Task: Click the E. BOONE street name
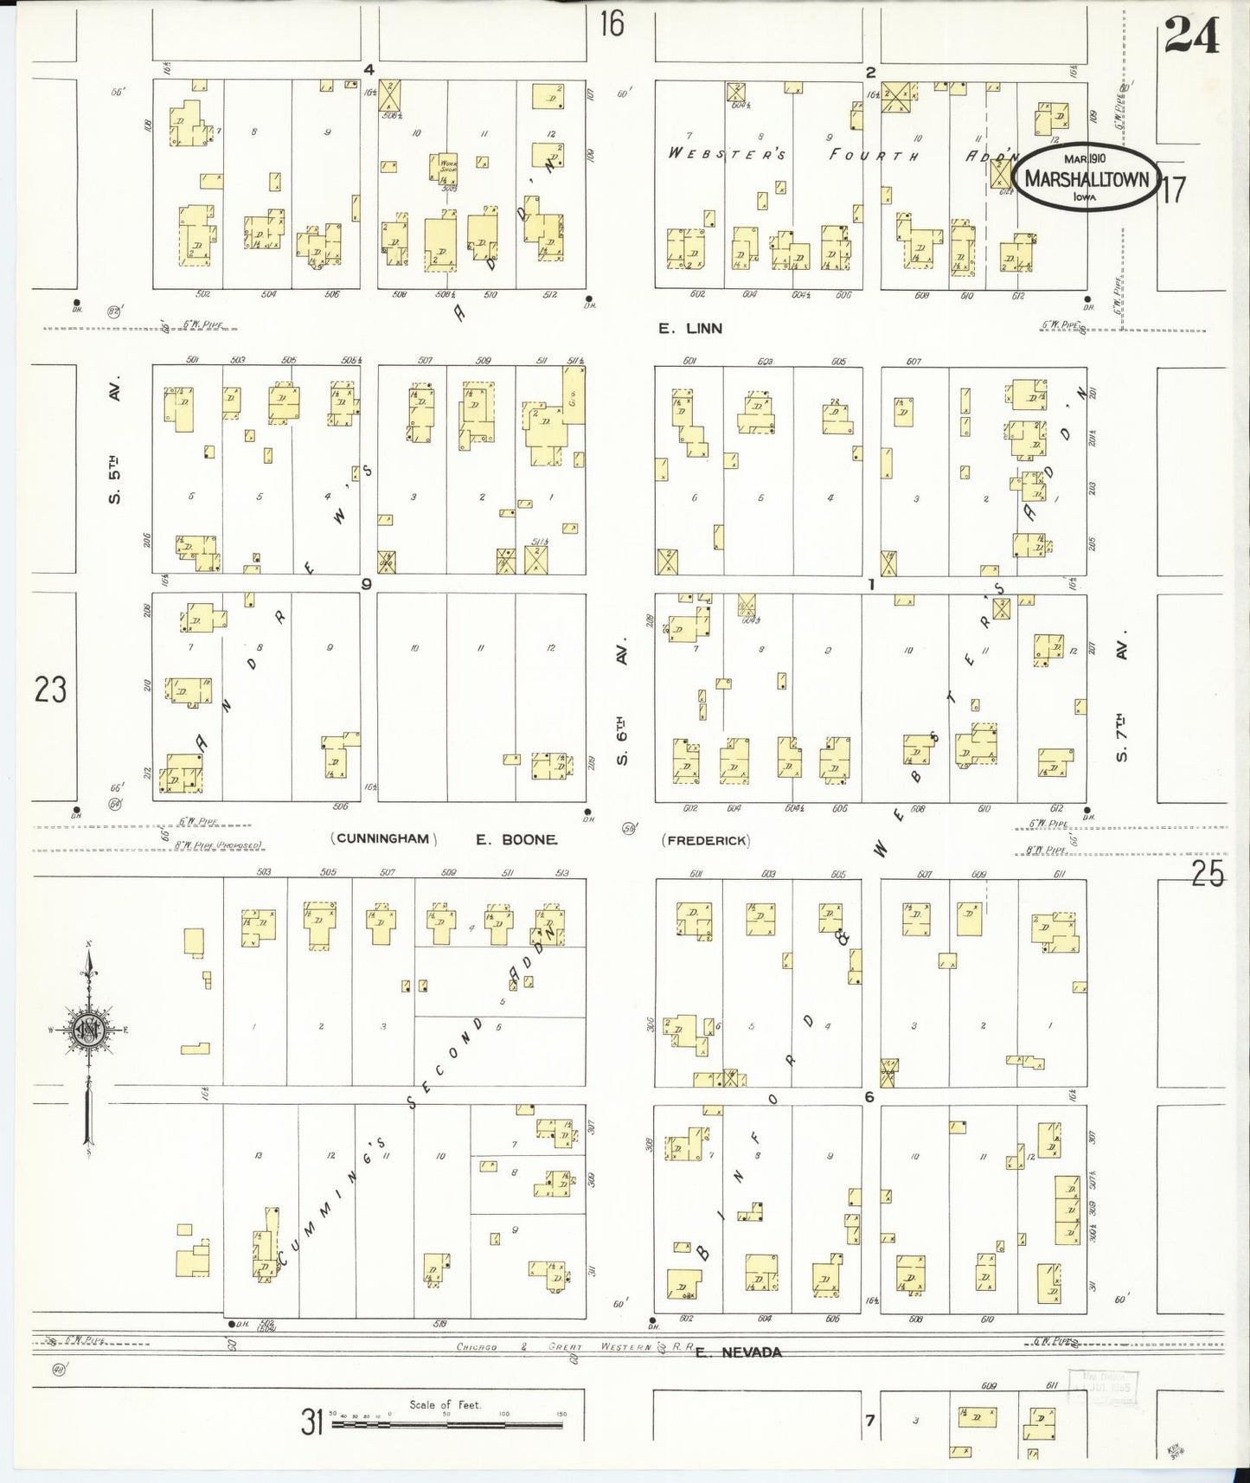click(516, 839)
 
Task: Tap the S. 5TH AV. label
click(115, 439)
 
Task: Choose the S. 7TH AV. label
click(1122, 702)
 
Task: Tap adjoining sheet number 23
click(50, 690)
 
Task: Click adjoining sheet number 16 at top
click(612, 23)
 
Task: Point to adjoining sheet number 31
click(312, 1421)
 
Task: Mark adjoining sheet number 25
click(1207, 875)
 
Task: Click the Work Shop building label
click(449, 163)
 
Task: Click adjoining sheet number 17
click(1173, 189)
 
